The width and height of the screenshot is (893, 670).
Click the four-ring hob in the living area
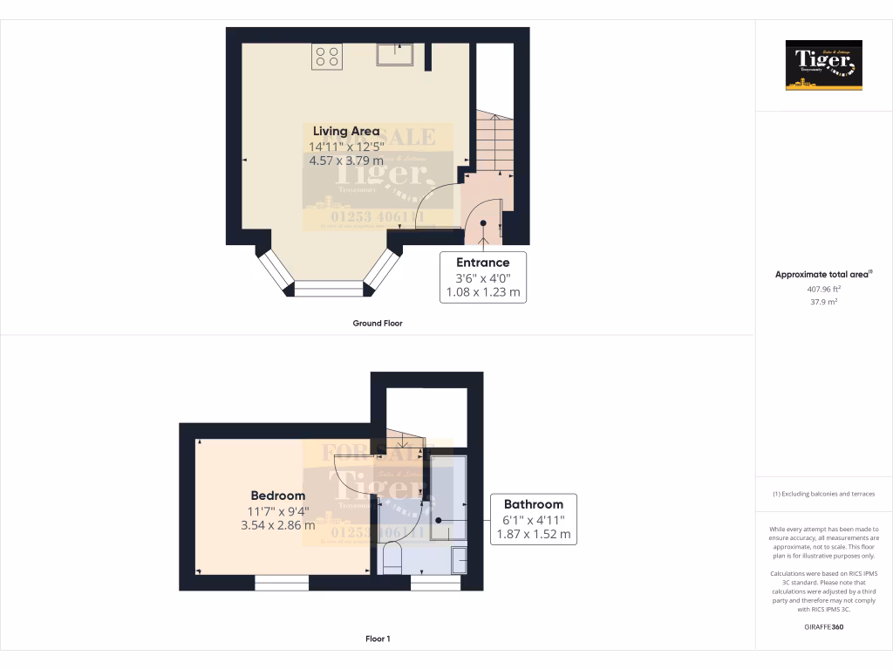[327, 56]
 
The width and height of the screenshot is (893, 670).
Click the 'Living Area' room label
[346, 131]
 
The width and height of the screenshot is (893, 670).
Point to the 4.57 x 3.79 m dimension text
[346, 161]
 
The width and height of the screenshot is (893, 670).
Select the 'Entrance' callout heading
[483, 262]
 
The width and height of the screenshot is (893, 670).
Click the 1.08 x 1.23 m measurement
[483, 292]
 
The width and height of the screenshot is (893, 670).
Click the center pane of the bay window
[328, 288]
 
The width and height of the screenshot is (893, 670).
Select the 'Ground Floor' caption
[377, 323]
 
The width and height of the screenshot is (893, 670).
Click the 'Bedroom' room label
[278, 496]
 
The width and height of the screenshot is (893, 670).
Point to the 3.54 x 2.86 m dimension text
[278, 525]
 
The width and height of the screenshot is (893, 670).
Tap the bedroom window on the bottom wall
[282, 582]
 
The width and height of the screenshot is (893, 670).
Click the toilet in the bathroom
[392, 558]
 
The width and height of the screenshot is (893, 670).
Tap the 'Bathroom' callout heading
[534, 504]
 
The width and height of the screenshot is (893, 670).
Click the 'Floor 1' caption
[377, 639]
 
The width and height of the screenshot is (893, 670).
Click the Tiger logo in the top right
[823, 65]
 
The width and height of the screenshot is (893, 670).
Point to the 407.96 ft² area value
[823, 288]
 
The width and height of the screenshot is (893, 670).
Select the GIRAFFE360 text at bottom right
[824, 627]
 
